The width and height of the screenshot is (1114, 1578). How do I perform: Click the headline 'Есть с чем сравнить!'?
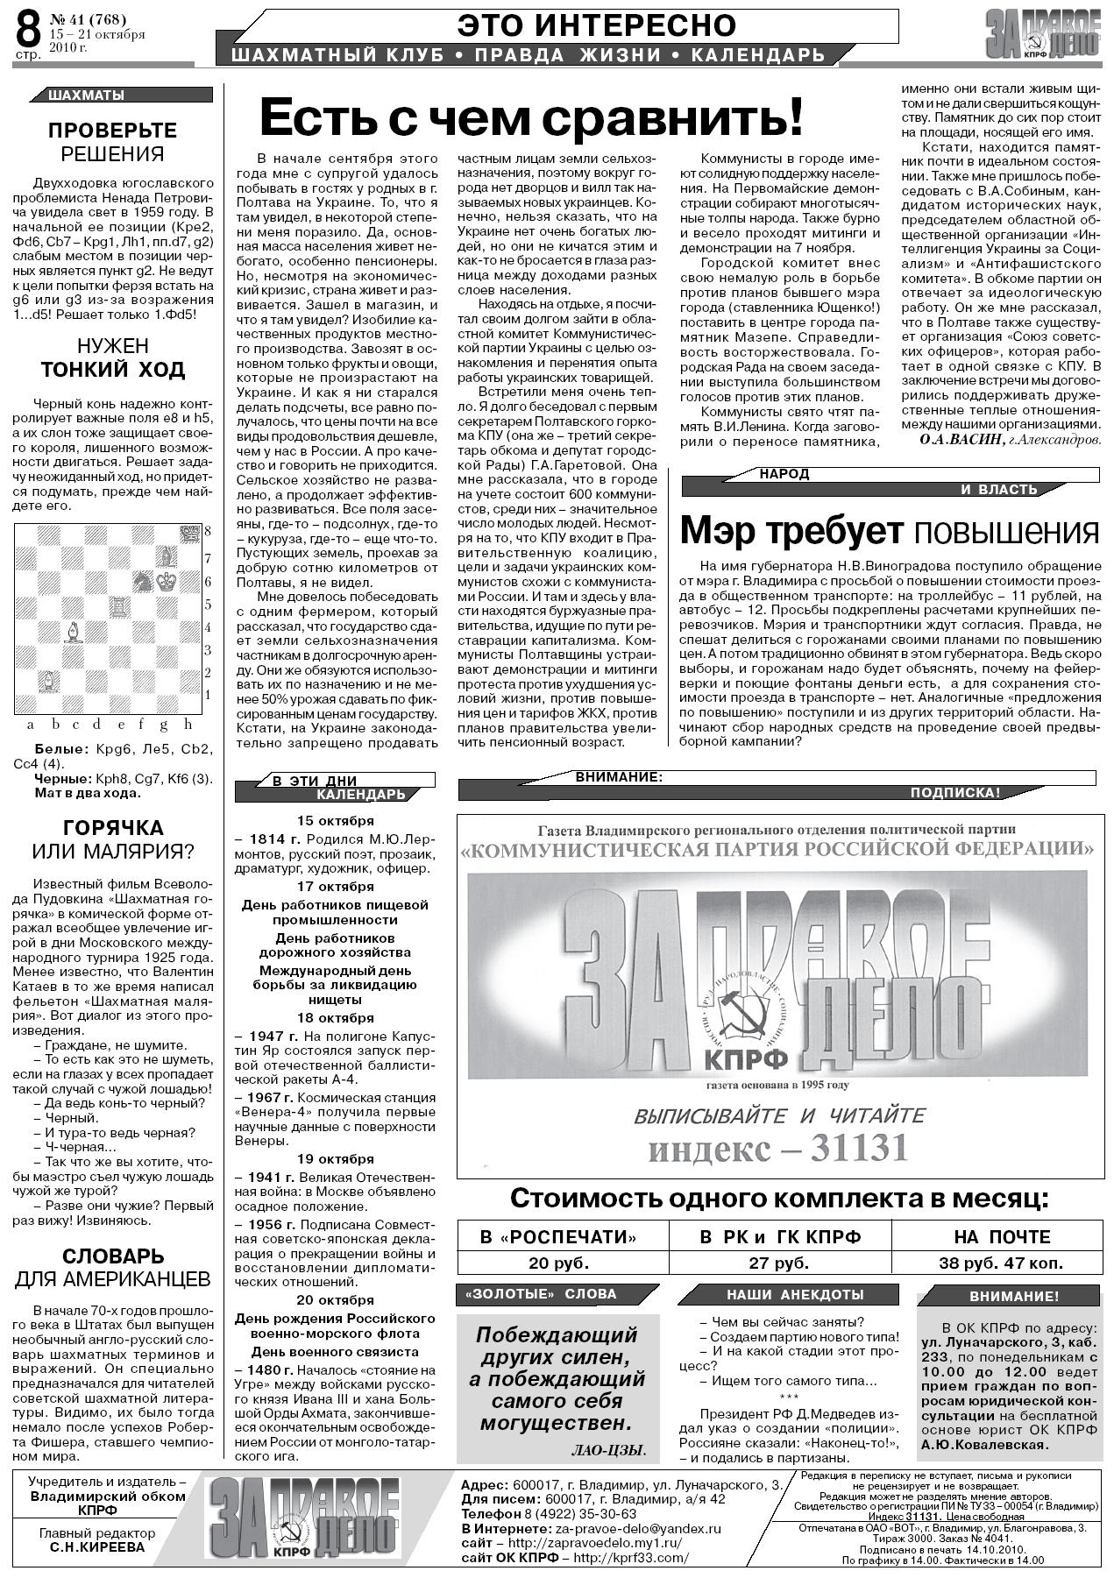[x=531, y=117]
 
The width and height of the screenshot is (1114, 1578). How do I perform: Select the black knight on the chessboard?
[x=142, y=580]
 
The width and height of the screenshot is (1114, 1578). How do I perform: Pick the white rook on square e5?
[x=118, y=605]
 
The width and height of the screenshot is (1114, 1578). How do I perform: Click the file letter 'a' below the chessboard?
[x=31, y=725]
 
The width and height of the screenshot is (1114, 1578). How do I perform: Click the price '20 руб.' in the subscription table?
[x=558, y=1263]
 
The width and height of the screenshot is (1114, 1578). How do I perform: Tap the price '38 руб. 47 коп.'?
[x=1001, y=1263]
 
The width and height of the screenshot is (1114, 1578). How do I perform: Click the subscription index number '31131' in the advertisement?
[x=858, y=1148]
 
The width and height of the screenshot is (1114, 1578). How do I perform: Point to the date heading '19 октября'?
[x=335, y=1159]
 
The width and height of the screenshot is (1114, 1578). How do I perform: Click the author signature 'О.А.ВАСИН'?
[x=962, y=440]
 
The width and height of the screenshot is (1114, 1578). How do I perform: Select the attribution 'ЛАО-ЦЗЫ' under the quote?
[x=608, y=1450]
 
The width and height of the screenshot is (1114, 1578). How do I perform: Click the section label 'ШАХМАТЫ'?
[x=86, y=96]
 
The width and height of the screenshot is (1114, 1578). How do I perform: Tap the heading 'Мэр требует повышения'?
[x=889, y=531]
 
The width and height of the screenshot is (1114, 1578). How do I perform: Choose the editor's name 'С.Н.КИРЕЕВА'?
[x=97, y=1546]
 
